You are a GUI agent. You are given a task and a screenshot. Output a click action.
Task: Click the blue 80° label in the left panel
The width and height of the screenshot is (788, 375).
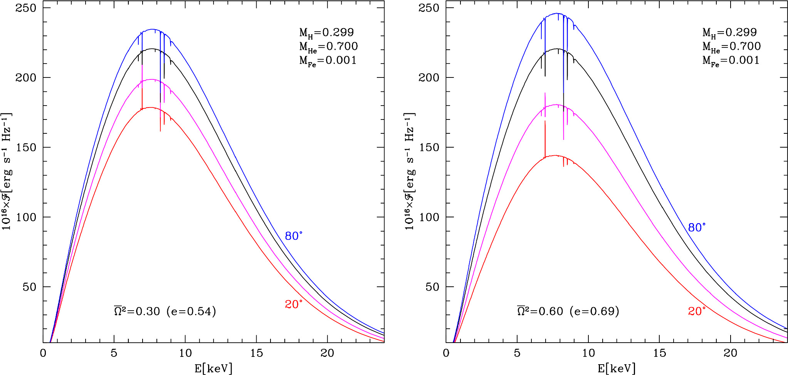click(294, 236)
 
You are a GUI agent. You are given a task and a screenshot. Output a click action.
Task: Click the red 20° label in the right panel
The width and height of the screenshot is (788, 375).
click(697, 311)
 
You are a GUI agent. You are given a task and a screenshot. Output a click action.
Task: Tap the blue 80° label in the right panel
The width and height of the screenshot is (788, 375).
click(697, 227)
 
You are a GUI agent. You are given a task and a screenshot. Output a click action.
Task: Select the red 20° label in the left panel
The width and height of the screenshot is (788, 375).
click(294, 304)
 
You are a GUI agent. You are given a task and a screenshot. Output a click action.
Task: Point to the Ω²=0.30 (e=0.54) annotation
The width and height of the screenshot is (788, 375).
click(165, 311)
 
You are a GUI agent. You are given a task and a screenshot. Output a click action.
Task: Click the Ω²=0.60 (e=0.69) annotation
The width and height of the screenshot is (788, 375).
click(568, 311)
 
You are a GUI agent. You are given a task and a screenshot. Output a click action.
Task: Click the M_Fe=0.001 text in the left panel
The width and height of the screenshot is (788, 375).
click(328, 61)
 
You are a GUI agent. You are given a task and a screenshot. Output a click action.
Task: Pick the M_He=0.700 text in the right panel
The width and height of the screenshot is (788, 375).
click(731, 47)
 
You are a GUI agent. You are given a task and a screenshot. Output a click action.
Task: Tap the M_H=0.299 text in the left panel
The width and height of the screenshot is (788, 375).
click(326, 33)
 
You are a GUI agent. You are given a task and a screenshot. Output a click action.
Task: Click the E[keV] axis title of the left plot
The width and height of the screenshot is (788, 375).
click(213, 368)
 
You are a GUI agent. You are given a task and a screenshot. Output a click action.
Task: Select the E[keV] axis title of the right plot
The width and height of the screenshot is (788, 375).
click(617, 368)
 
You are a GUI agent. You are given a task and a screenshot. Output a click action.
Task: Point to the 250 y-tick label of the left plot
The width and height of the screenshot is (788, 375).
click(25, 8)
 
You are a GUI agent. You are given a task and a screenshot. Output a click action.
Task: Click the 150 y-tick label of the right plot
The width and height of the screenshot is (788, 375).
click(428, 147)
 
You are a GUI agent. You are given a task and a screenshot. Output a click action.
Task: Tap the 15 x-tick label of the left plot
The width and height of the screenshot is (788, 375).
click(256, 353)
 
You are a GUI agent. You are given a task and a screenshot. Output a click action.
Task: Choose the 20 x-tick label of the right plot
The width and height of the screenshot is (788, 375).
click(730, 353)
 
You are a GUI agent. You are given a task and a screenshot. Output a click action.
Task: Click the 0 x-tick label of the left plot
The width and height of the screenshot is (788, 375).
click(43, 353)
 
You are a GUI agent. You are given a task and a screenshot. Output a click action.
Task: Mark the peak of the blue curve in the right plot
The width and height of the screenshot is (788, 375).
click(557, 13)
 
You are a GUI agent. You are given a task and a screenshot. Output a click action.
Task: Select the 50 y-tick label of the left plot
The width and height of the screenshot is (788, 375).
click(29, 287)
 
